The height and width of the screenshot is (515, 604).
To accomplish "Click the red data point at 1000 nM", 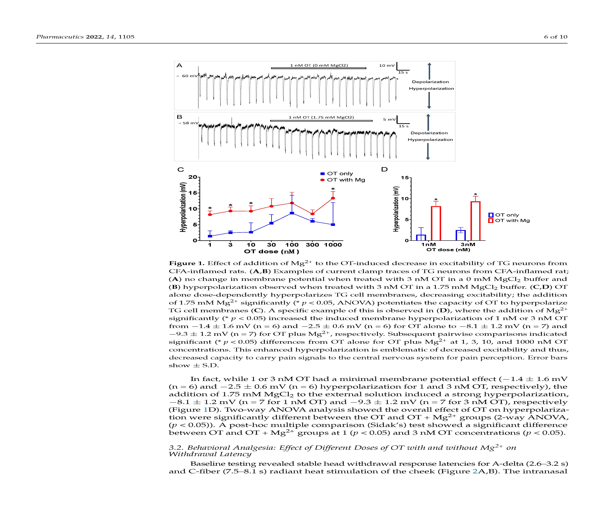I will tap(333, 198).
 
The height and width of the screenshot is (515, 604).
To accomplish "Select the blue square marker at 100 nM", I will tap(292, 213).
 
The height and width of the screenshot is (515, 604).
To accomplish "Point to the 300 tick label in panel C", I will tap(312, 245).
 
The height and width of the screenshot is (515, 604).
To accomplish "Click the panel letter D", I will tap(384, 169).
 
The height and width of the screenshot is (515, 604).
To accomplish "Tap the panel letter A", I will tap(179, 65).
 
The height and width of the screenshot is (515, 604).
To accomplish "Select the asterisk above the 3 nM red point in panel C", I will tap(230, 205).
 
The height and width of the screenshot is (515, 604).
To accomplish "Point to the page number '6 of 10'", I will tap(555, 37).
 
